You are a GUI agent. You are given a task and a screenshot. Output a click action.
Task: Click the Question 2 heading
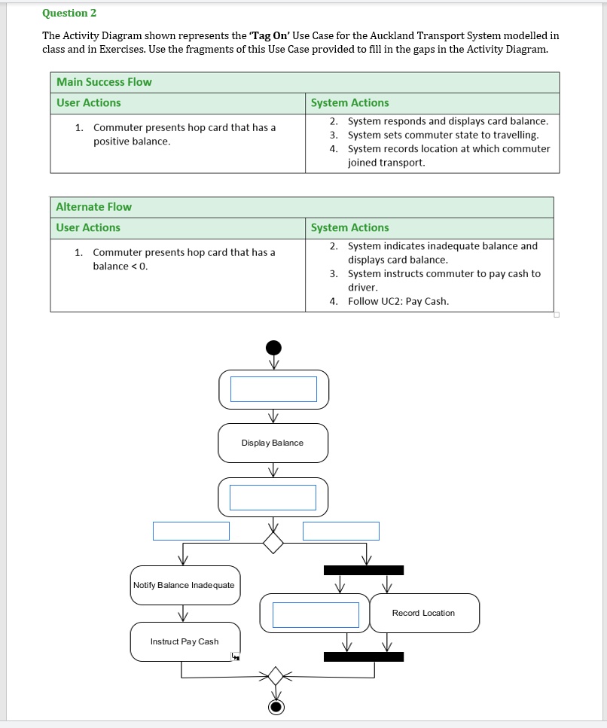(69, 13)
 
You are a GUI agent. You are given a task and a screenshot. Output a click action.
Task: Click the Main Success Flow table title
(104, 82)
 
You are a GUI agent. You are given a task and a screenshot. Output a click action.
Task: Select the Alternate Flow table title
(93, 207)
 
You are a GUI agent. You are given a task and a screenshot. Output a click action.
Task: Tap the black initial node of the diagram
(273, 347)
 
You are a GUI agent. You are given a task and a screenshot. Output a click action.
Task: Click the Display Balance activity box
(273, 443)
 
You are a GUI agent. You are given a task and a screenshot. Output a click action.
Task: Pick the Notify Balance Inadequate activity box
(185, 585)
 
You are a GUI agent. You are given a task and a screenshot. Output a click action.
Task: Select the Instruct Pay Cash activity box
(185, 641)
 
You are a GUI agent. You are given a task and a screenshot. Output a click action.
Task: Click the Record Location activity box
(424, 613)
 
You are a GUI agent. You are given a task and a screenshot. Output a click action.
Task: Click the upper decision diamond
(273, 542)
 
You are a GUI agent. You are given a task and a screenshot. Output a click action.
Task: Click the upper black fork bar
(364, 570)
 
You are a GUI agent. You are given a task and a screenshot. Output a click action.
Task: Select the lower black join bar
(364, 656)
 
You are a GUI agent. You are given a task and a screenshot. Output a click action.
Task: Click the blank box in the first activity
(273, 389)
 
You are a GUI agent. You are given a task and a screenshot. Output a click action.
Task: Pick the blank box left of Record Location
(316, 614)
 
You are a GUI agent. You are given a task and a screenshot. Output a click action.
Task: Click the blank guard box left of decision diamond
(191, 531)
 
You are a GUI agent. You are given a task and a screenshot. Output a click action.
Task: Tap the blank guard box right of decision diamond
(341, 531)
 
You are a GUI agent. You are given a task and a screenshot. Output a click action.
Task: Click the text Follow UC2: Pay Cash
(398, 301)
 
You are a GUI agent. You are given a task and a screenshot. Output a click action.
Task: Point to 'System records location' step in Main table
(448, 149)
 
